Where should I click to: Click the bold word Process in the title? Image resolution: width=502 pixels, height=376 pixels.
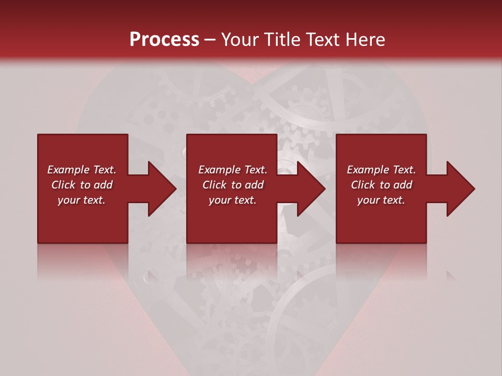(x=164, y=40)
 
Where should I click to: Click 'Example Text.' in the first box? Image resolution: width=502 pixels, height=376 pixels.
(x=82, y=170)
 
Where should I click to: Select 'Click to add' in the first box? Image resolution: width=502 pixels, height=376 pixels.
(x=82, y=185)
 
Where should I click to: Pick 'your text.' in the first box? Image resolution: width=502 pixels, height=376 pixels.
(x=82, y=200)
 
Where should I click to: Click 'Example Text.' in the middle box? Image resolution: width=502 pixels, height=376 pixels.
(x=233, y=170)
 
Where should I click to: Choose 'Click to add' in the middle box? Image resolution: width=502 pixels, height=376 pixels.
(x=233, y=185)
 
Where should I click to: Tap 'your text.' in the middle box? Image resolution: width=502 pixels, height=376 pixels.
(x=233, y=200)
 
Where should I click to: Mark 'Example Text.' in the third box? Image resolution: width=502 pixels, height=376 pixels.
(x=381, y=170)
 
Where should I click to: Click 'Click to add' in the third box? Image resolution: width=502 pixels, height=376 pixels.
(x=381, y=185)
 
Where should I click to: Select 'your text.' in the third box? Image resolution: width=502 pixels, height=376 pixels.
(x=381, y=200)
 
